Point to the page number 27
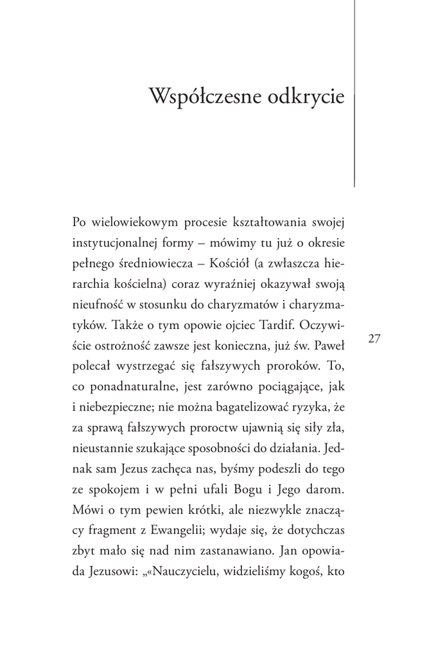(375, 339)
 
